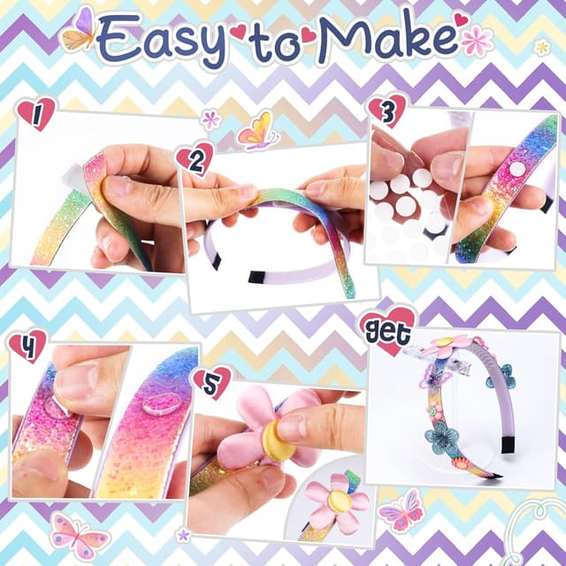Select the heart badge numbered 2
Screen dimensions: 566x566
point(195,158)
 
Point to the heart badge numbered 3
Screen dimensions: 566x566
point(386,110)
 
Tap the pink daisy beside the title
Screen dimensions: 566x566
point(477,40)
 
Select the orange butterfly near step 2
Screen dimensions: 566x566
point(256,131)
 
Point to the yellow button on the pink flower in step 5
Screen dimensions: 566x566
point(279,440)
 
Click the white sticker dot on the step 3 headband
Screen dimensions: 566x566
point(516,168)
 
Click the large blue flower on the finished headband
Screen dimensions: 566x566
point(440,436)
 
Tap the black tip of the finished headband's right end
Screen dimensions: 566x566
point(509,444)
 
